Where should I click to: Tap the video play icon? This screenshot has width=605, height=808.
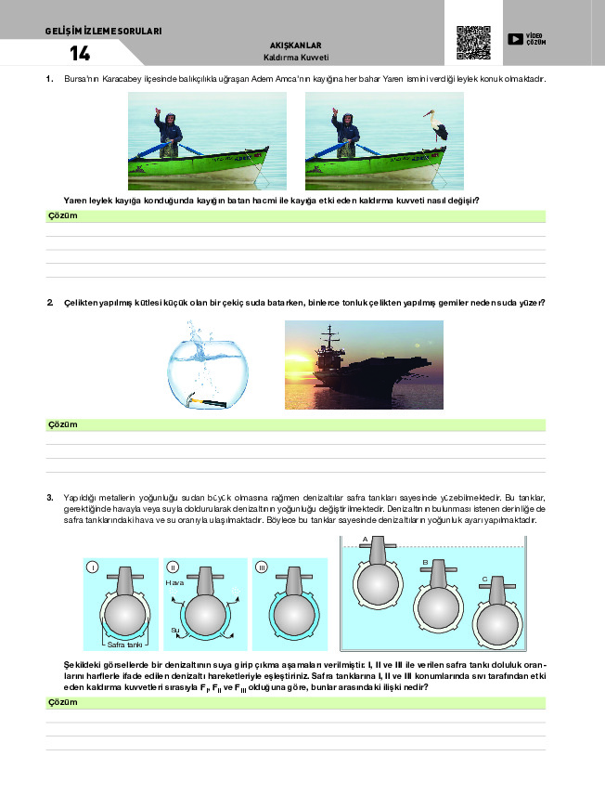(516, 39)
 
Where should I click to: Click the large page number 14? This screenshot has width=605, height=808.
(80, 53)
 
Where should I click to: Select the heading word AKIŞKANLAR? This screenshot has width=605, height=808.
(296, 46)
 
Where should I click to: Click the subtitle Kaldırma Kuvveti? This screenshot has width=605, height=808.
(296, 58)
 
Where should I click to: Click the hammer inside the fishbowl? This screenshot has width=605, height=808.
(206, 402)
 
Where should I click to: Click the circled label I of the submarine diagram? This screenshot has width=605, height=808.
(92, 567)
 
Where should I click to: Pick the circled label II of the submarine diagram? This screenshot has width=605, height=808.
(174, 567)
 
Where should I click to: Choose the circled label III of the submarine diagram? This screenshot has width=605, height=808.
(262, 567)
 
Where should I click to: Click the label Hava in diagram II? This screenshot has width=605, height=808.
(174, 582)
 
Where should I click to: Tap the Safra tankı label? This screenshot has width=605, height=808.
(123, 644)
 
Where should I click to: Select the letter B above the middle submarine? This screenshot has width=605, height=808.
(424, 563)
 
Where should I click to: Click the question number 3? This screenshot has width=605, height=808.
(49, 498)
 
